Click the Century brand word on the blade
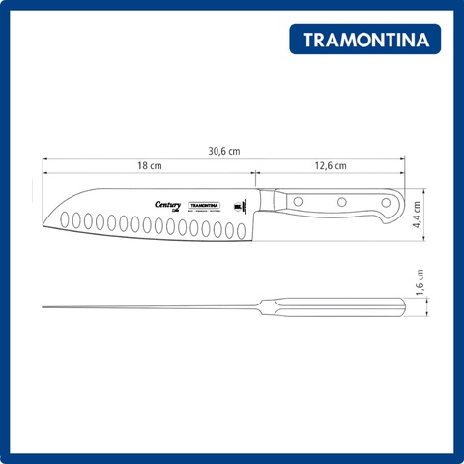166,204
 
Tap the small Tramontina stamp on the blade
204,205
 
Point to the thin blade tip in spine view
46,308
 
